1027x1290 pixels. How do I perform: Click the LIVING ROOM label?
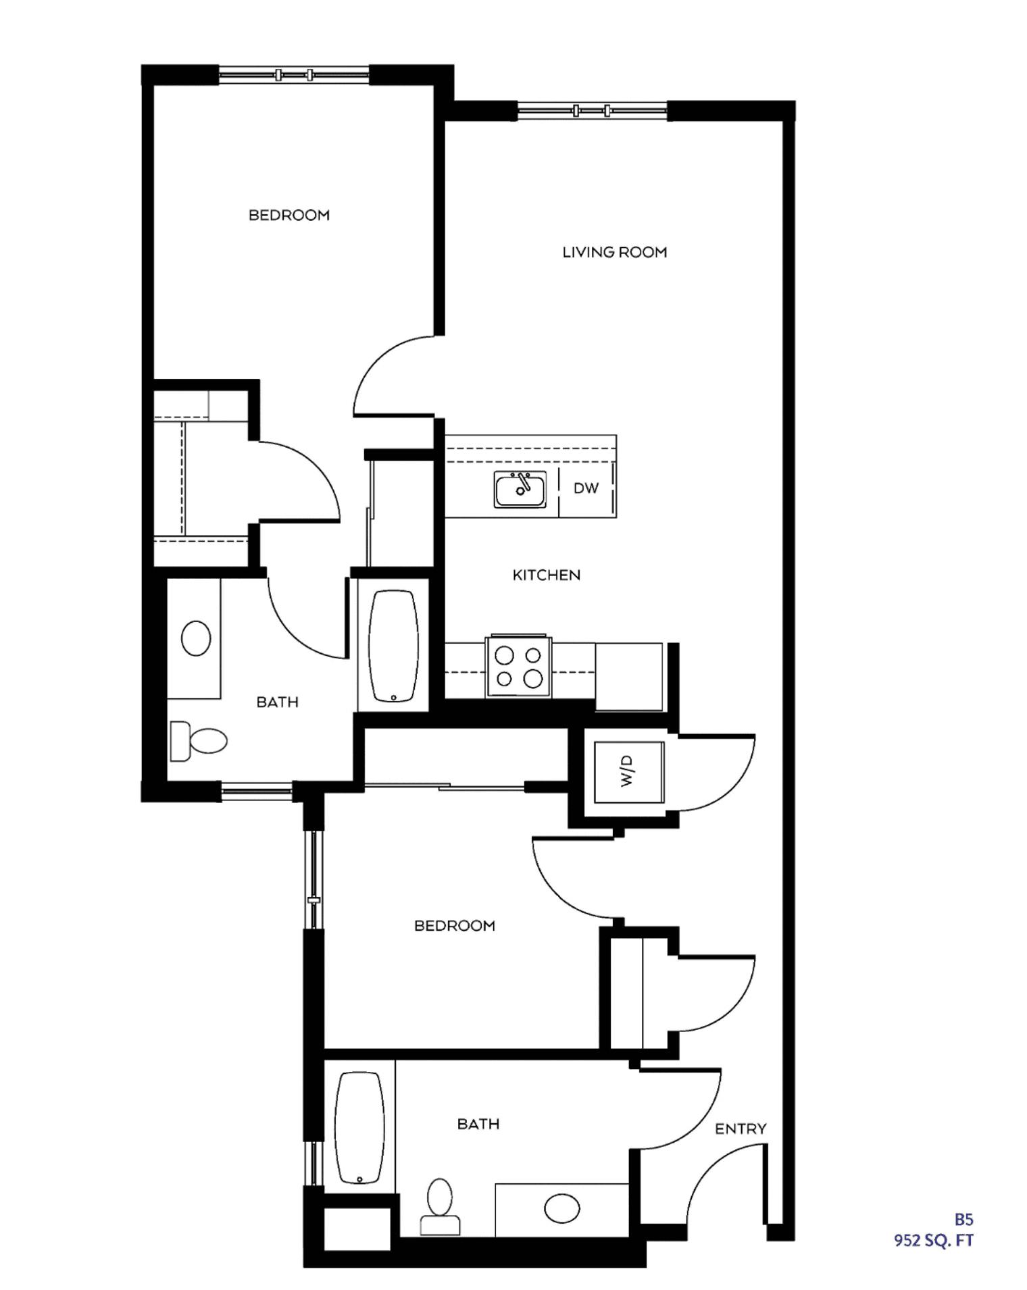pos(614,252)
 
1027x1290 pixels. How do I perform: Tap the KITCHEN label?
pos(546,575)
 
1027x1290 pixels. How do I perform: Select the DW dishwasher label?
pos(586,488)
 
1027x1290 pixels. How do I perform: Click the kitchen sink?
pos(520,489)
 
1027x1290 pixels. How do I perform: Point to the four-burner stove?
pos(518,667)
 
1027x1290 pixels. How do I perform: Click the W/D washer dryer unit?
pos(628,771)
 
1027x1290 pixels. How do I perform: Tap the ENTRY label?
pos(741,1129)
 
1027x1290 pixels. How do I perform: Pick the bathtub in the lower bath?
pos(359,1128)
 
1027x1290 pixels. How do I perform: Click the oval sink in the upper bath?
pos(196,638)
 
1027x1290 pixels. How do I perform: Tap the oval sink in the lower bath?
pos(561,1208)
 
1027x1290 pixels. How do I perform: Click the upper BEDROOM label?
pos(289,215)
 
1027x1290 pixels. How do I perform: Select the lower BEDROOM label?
pos(454,925)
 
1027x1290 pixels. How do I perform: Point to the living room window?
pos(592,110)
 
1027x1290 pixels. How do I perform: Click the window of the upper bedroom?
pos(294,74)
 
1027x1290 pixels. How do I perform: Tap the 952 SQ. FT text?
pos(934,1240)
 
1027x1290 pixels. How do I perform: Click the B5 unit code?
pos(963,1219)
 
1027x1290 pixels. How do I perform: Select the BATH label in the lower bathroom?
pos(478,1124)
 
